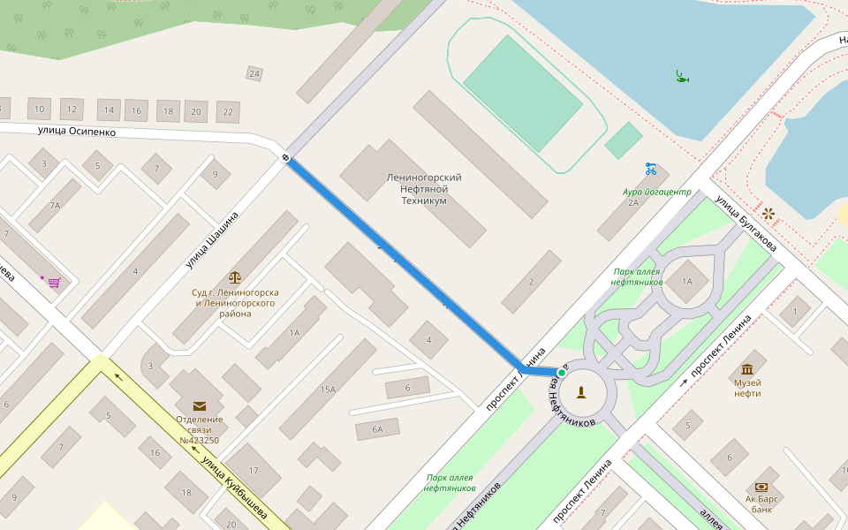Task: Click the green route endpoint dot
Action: click(562, 373)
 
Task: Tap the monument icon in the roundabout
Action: click(582, 391)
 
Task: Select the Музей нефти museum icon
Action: click(747, 368)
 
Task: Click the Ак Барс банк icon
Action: click(761, 487)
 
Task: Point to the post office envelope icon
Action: click(200, 405)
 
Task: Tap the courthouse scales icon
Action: click(235, 278)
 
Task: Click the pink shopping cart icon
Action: click(55, 283)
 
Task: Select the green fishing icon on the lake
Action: click(681, 77)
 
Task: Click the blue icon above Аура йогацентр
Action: click(651, 169)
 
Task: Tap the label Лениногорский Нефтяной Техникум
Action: click(424, 189)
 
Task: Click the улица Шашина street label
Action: click(212, 239)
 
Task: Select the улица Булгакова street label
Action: click(746, 223)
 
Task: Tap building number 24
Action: click(254, 73)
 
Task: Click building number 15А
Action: click(328, 390)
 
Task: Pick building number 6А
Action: click(377, 429)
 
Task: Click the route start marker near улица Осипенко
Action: click(286, 158)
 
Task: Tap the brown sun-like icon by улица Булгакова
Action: click(768, 213)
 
